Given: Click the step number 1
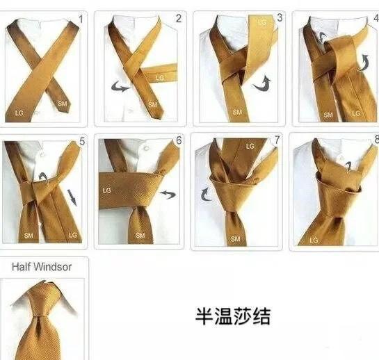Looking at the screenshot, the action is point(81,19).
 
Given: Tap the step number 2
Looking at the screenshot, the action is point(179,19).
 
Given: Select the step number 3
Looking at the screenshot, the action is point(280,17).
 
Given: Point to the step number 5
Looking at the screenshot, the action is point(82,141).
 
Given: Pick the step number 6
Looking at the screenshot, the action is point(179,140).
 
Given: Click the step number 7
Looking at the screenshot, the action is point(277,140).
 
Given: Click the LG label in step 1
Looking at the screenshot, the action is point(19,113).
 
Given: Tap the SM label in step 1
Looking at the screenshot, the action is point(62,104).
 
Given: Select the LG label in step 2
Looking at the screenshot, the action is point(160,78).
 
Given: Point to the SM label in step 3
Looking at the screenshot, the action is point(237,112).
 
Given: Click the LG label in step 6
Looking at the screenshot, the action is point(106,190).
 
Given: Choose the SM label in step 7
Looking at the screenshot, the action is point(235,239).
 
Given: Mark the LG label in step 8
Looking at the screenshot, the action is point(314,240).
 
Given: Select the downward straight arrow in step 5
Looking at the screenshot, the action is point(72,197).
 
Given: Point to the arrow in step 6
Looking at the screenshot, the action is point(168,194).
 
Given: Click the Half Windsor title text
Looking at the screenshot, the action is point(42,267).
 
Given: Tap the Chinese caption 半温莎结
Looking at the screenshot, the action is point(232,316).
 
